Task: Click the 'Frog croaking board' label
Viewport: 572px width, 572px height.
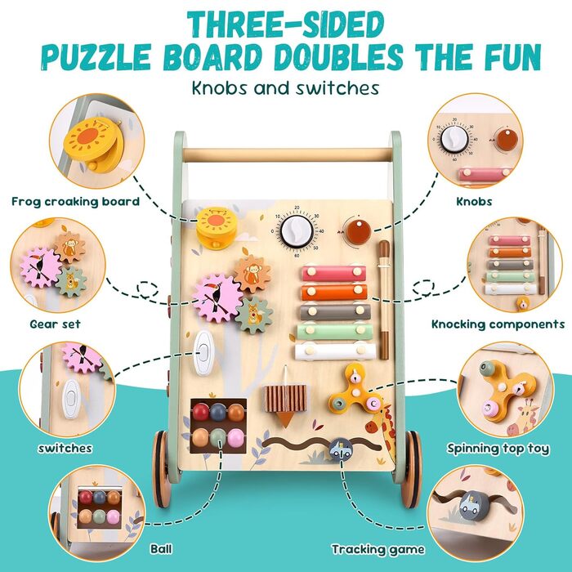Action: [x=75, y=201]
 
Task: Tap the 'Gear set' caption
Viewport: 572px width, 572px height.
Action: [x=55, y=324]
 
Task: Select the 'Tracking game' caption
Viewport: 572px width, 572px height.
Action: [x=378, y=549]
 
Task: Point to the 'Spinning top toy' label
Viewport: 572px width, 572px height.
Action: [x=498, y=449]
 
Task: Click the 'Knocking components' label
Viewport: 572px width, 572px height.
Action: [x=498, y=324]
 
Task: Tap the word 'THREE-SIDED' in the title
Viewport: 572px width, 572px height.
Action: [x=286, y=25]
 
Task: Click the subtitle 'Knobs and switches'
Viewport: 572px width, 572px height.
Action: [x=286, y=88]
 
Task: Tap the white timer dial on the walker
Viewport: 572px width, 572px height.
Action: [x=297, y=231]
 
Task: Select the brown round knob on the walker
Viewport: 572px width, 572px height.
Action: [x=359, y=232]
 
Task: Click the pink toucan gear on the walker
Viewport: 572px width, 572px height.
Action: [x=217, y=297]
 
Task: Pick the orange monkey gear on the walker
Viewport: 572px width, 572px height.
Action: [x=252, y=274]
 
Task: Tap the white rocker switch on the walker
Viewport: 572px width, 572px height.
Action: [x=203, y=353]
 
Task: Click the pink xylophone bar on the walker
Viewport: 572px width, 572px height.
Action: [x=333, y=273]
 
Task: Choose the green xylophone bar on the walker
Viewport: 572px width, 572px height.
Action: [x=335, y=332]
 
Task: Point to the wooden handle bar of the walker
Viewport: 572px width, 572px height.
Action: [x=287, y=154]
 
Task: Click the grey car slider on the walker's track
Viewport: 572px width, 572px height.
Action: [x=341, y=449]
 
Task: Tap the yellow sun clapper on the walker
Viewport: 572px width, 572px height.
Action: [x=216, y=228]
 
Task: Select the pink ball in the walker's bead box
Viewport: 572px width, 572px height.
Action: [x=235, y=437]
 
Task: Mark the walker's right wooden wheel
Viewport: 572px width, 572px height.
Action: [x=412, y=469]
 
